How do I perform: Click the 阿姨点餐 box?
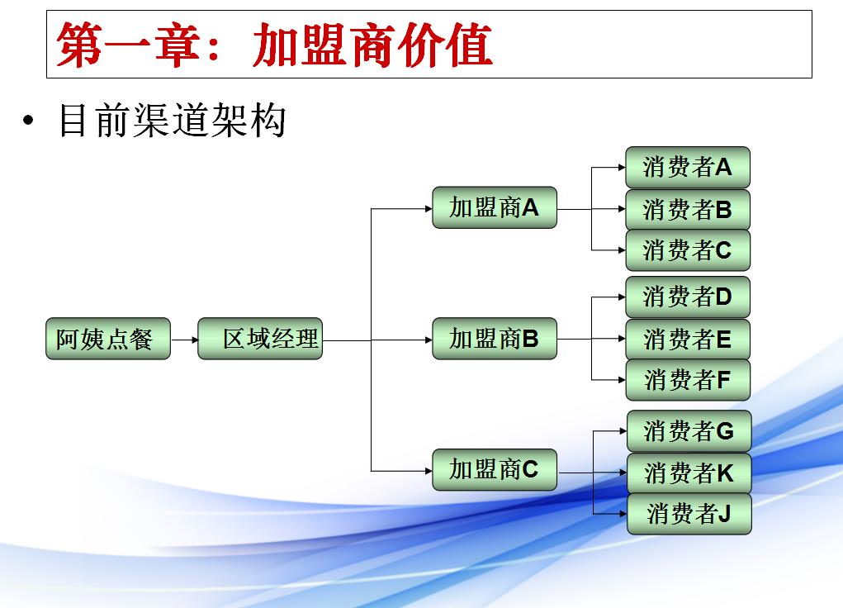click(107, 339)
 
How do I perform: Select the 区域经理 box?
click(260, 339)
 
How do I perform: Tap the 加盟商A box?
click(495, 207)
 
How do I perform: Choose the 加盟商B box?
click(495, 339)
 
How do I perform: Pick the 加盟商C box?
click(495, 470)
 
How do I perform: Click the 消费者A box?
click(688, 168)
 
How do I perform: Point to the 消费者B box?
click(688, 209)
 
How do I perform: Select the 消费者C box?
click(688, 249)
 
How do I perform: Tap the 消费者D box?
click(688, 297)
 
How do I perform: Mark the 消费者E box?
click(688, 339)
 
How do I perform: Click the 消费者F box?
click(688, 380)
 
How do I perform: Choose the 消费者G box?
click(689, 430)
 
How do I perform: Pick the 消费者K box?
click(689, 473)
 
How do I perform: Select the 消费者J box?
click(689, 514)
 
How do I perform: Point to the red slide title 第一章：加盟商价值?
click(275, 45)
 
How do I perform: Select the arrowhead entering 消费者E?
click(621, 339)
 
